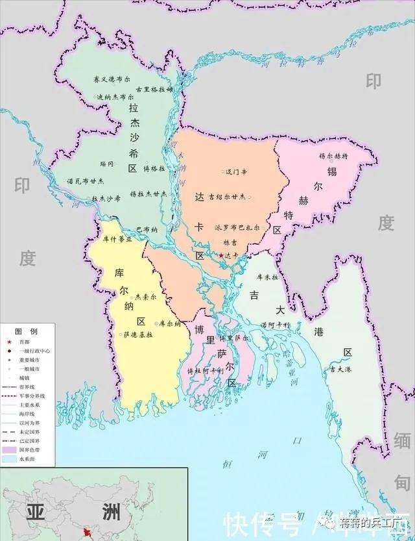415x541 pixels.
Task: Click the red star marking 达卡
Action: point(221,256)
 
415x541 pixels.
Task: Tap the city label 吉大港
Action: point(340,369)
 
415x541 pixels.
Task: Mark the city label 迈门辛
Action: point(237,172)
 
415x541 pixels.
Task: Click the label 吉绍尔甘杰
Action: point(227,196)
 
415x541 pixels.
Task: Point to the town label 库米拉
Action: point(267,277)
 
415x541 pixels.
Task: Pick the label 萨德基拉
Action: point(137,334)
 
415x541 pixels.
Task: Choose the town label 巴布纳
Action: point(147,229)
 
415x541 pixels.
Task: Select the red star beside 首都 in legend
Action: point(8,341)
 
